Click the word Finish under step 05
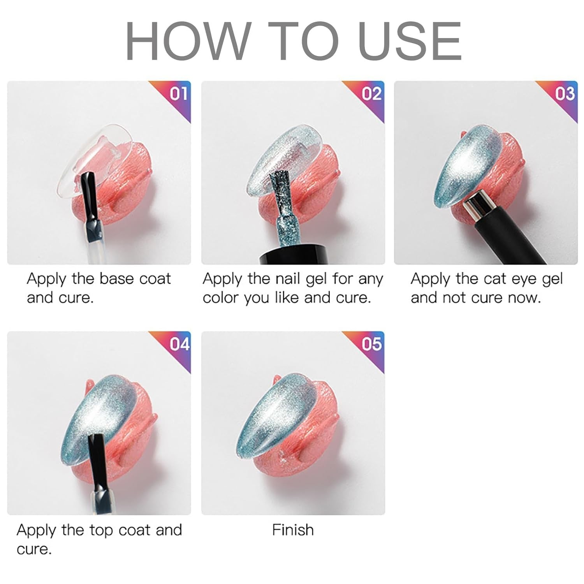(x=293, y=530)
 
